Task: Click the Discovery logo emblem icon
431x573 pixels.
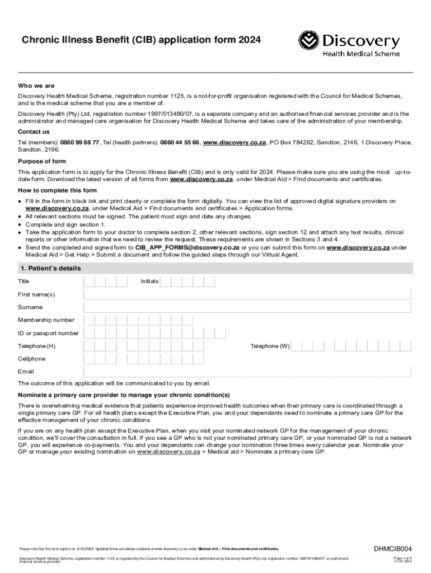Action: [x=309, y=41]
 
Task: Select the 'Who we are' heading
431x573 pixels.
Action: [x=36, y=86]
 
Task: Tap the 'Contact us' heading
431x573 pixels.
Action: [x=34, y=132]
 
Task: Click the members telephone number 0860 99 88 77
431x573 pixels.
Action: [x=80, y=143]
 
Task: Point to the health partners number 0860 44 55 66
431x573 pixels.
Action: [x=179, y=143]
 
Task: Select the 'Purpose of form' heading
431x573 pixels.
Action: [x=43, y=162]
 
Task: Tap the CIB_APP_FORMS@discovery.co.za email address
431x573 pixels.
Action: [x=188, y=247]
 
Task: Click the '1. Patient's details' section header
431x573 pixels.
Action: [x=50, y=269]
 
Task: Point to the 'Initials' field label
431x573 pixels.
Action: [x=149, y=281]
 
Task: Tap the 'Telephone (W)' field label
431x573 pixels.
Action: [x=270, y=346]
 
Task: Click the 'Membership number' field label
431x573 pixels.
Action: [x=46, y=320]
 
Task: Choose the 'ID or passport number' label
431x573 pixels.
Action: [x=48, y=333]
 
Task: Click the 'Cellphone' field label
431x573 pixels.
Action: [x=32, y=359]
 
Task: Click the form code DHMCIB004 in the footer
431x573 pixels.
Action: [x=393, y=548]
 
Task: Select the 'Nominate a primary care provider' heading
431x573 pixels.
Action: [x=124, y=395]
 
